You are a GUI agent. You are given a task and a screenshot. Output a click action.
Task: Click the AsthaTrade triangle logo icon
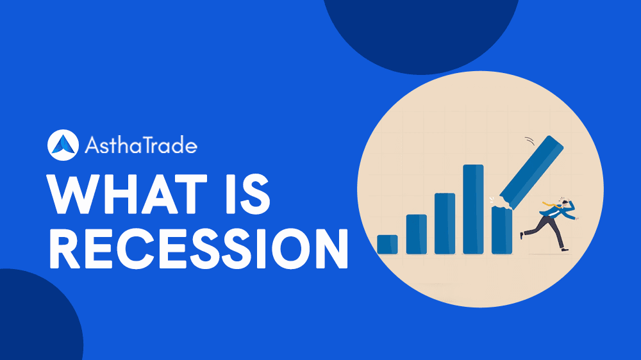pos(62,145)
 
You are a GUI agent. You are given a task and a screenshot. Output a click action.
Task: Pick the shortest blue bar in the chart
pos(387,244)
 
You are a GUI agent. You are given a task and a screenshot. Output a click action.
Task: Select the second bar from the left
pos(416,234)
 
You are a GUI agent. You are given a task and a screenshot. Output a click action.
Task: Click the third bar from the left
pos(445,223)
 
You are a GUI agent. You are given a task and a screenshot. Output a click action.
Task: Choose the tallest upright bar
pos(473,209)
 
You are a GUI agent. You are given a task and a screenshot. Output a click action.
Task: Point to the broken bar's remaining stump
pos(501,230)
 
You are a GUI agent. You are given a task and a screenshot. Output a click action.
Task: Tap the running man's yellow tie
pos(549,204)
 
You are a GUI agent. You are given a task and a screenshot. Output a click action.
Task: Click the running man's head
pos(564,203)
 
